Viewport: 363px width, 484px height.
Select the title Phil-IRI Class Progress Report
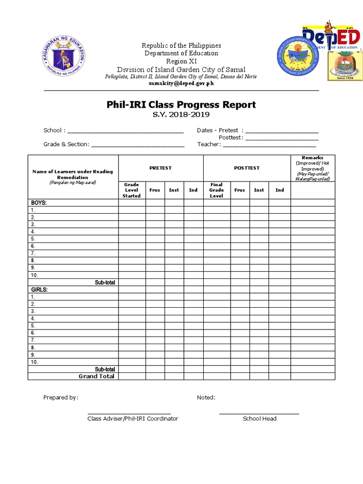pyautogui.click(x=181, y=104)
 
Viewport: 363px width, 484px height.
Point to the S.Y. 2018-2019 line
pyautogui.click(x=181, y=115)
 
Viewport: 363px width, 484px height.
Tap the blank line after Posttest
pyautogui.click(x=282, y=138)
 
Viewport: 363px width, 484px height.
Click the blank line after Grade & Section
pyautogui.click(x=138, y=145)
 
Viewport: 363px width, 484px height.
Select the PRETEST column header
pyautogui.click(x=161, y=168)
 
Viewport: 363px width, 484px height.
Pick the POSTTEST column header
pyautogui.click(x=247, y=168)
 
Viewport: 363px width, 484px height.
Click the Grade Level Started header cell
pyautogui.click(x=131, y=190)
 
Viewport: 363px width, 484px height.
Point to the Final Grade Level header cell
pyautogui.click(x=216, y=190)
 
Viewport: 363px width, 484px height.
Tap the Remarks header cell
pyautogui.click(x=312, y=168)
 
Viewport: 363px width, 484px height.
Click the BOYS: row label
pyautogui.click(x=39, y=203)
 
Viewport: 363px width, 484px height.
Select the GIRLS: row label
pyautogui.click(x=40, y=289)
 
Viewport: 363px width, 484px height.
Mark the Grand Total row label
pyautogui.click(x=96, y=376)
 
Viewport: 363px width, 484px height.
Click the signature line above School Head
pyautogui.click(x=259, y=413)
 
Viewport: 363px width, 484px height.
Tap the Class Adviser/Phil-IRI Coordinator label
pyautogui.click(x=132, y=419)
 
